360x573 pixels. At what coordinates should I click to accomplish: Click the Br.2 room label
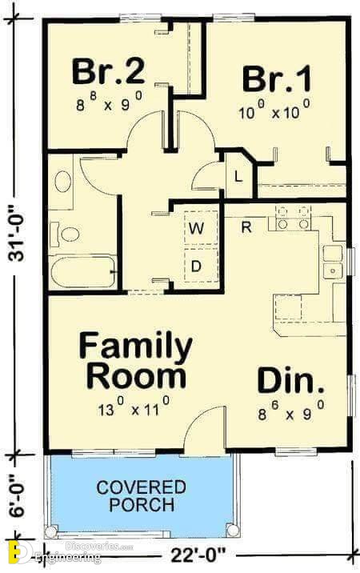coord(109,72)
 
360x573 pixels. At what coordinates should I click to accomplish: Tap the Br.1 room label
coord(277,78)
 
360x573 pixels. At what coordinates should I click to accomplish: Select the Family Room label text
coord(135,360)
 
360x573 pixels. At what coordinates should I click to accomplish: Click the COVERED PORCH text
coord(142,496)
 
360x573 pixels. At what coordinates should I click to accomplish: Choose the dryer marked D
coord(201,266)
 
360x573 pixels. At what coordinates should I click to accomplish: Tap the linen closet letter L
coord(238,177)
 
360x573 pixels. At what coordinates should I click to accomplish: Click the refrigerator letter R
coord(246,227)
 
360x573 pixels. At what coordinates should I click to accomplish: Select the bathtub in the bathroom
coord(83,272)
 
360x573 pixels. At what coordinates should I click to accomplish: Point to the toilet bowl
coord(66,234)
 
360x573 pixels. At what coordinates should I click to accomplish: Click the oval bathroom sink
coord(63,182)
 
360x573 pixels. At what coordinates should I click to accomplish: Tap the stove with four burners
coord(293,218)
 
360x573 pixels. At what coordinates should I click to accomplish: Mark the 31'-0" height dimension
coord(17,234)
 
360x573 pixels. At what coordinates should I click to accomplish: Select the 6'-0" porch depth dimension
coord(17,496)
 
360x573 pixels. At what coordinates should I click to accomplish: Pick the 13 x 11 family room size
coord(134,407)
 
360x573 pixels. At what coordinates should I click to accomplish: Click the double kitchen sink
coord(333,262)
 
